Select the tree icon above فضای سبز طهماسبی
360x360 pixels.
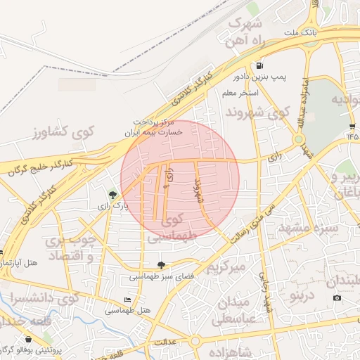click(162, 265)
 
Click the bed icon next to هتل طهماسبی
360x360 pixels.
click(127, 300)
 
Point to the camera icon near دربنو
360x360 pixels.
click(337, 298)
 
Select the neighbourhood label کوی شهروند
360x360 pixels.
click(257, 112)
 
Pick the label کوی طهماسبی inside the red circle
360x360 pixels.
click(171, 229)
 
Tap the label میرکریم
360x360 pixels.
click(226, 268)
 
